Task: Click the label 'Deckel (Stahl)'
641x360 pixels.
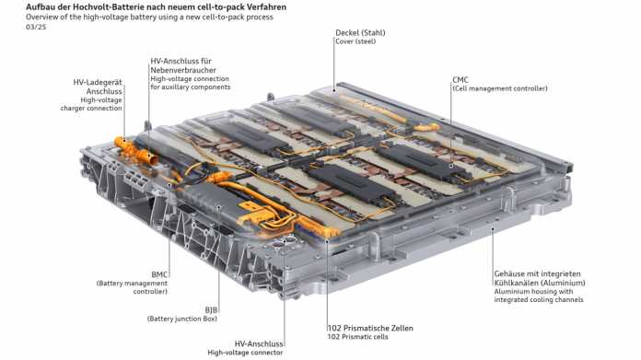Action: [x=360, y=33]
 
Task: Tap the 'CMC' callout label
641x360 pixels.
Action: [x=460, y=80]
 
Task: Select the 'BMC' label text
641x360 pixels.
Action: [x=159, y=274]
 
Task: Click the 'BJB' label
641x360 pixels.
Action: [x=211, y=310]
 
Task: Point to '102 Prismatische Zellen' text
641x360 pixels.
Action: [x=370, y=328]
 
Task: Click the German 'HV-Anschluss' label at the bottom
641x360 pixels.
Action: [x=259, y=343]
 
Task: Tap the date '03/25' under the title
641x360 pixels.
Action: [x=36, y=27]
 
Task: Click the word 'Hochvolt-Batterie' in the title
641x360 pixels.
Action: [x=108, y=7]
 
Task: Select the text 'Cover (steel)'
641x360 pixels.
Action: [x=355, y=41]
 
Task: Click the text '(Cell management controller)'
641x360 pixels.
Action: [x=499, y=88]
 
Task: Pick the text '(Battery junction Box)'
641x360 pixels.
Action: [x=182, y=319]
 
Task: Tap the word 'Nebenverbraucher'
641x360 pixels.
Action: [x=183, y=70]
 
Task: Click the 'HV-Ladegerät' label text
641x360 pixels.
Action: [x=98, y=82]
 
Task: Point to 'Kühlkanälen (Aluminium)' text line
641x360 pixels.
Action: [x=540, y=283]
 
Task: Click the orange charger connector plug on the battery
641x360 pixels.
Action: [x=134, y=150]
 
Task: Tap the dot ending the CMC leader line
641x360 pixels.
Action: [x=451, y=166]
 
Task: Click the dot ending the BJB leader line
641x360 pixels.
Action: [x=219, y=207]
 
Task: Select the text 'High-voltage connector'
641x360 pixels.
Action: [x=245, y=353]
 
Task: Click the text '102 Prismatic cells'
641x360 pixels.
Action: [x=357, y=337]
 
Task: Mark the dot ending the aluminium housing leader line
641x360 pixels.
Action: [x=493, y=229]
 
